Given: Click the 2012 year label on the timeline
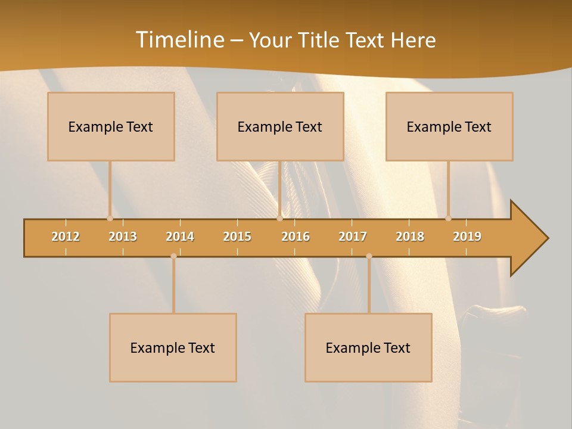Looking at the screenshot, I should (66, 237).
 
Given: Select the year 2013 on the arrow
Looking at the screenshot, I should (123, 237).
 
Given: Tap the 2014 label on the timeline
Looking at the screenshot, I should (180, 237).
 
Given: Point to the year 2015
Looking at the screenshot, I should (237, 237).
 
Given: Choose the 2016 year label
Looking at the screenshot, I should (296, 237).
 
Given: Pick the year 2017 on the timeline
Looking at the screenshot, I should (353, 237).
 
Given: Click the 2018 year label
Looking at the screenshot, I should (410, 237).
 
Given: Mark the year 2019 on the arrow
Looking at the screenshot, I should (467, 237).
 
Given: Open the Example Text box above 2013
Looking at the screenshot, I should (111, 126).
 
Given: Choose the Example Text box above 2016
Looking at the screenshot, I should (280, 126).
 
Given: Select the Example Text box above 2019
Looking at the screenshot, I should (449, 126).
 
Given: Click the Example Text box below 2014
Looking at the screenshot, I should (173, 347).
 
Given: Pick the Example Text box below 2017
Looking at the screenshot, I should (368, 347).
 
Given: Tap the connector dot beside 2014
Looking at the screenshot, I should (173, 256).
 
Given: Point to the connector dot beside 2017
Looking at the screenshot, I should (369, 256).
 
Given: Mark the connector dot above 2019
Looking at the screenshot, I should (449, 218).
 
